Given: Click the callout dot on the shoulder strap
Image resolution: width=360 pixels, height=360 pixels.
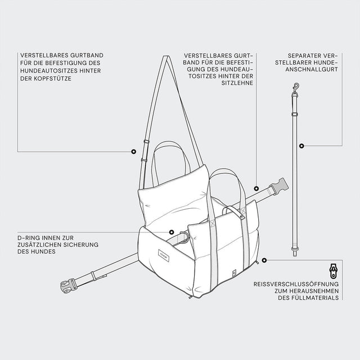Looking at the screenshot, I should (x=133, y=151).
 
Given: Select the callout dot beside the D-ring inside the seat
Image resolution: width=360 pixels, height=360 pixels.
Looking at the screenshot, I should (x=172, y=232).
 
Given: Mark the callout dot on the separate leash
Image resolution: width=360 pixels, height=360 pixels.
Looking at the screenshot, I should (x=301, y=145).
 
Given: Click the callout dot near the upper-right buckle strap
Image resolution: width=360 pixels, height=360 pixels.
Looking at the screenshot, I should (x=255, y=188).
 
